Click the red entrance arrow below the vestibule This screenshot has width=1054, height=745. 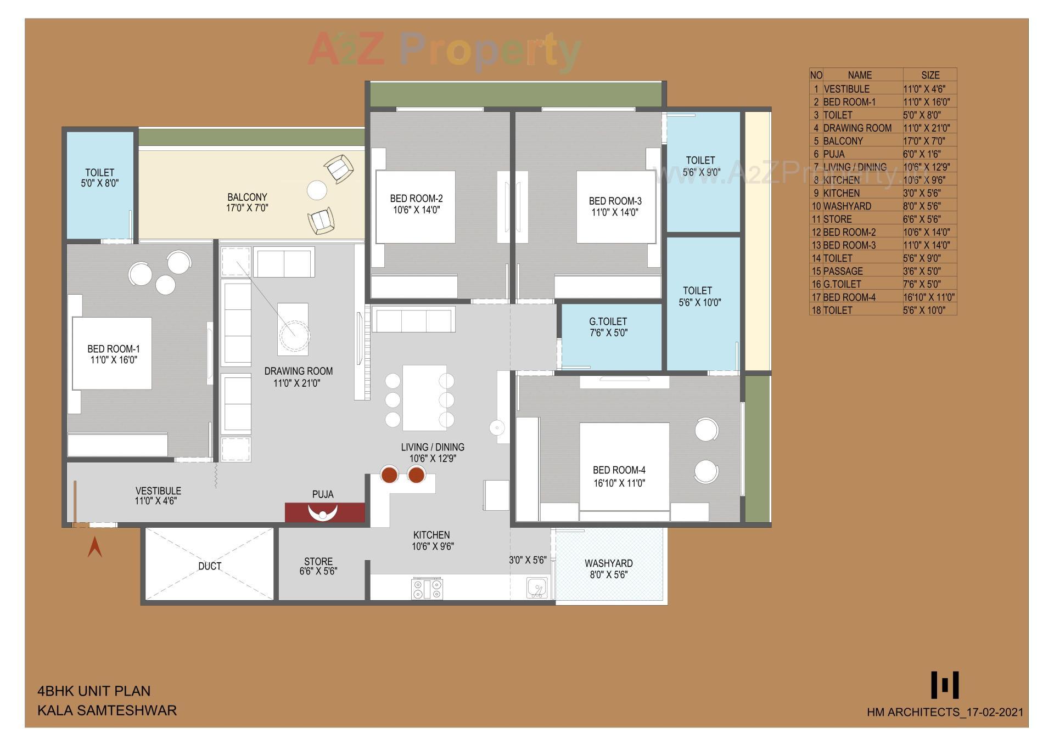(95, 547)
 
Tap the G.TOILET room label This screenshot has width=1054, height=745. (608, 322)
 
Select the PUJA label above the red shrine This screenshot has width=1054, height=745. (323, 494)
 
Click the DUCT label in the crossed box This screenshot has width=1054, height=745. (210, 566)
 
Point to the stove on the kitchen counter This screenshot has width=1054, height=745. (427, 589)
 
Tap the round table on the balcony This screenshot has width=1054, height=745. (317, 190)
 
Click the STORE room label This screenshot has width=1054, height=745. (318, 562)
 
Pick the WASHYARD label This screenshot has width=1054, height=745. (608, 563)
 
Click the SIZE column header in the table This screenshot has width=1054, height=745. (930, 75)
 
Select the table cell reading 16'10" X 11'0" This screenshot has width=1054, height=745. (929, 297)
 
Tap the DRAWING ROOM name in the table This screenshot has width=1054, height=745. (857, 128)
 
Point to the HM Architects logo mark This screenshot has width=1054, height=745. (945, 684)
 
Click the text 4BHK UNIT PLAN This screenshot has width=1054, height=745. (94, 691)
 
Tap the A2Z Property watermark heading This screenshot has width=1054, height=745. (445, 49)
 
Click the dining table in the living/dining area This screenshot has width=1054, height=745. (424, 398)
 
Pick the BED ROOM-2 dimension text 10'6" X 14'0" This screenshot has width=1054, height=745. (416, 210)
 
